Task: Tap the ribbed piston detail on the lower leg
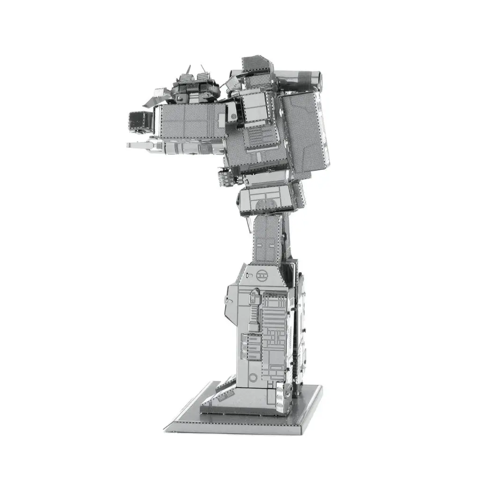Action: (x=255, y=309)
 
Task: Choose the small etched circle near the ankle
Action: (x=253, y=377)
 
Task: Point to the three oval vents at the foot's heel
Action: (x=281, y=398)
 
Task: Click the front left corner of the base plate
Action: (x=168, y=426)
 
